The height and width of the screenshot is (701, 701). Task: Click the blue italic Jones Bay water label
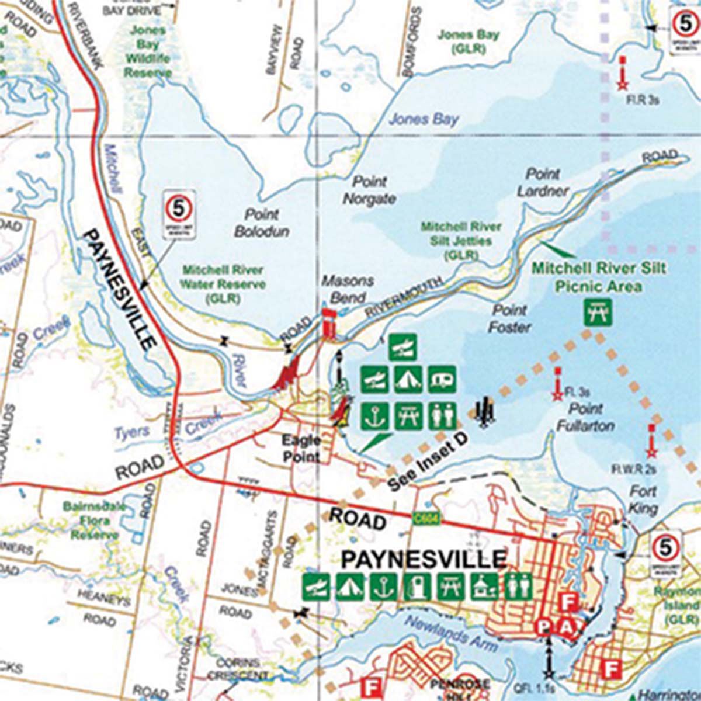pos(424,120)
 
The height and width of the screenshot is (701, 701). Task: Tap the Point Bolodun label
pos(262,223)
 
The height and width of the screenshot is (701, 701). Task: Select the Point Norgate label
pos(369,190)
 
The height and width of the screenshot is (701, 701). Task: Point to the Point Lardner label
pos(543,182)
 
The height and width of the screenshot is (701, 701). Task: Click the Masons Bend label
pos(347,289)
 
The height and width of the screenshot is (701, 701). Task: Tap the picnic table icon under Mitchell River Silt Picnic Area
pos(598,311)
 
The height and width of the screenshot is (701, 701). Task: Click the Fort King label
pos(643,499)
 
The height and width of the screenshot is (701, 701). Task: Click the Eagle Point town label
pos(302,447)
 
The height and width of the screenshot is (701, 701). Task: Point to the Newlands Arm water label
pos(451,633)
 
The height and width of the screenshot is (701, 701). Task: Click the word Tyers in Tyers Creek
pos(131,433)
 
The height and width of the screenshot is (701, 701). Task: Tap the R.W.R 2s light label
pos(634,469)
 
